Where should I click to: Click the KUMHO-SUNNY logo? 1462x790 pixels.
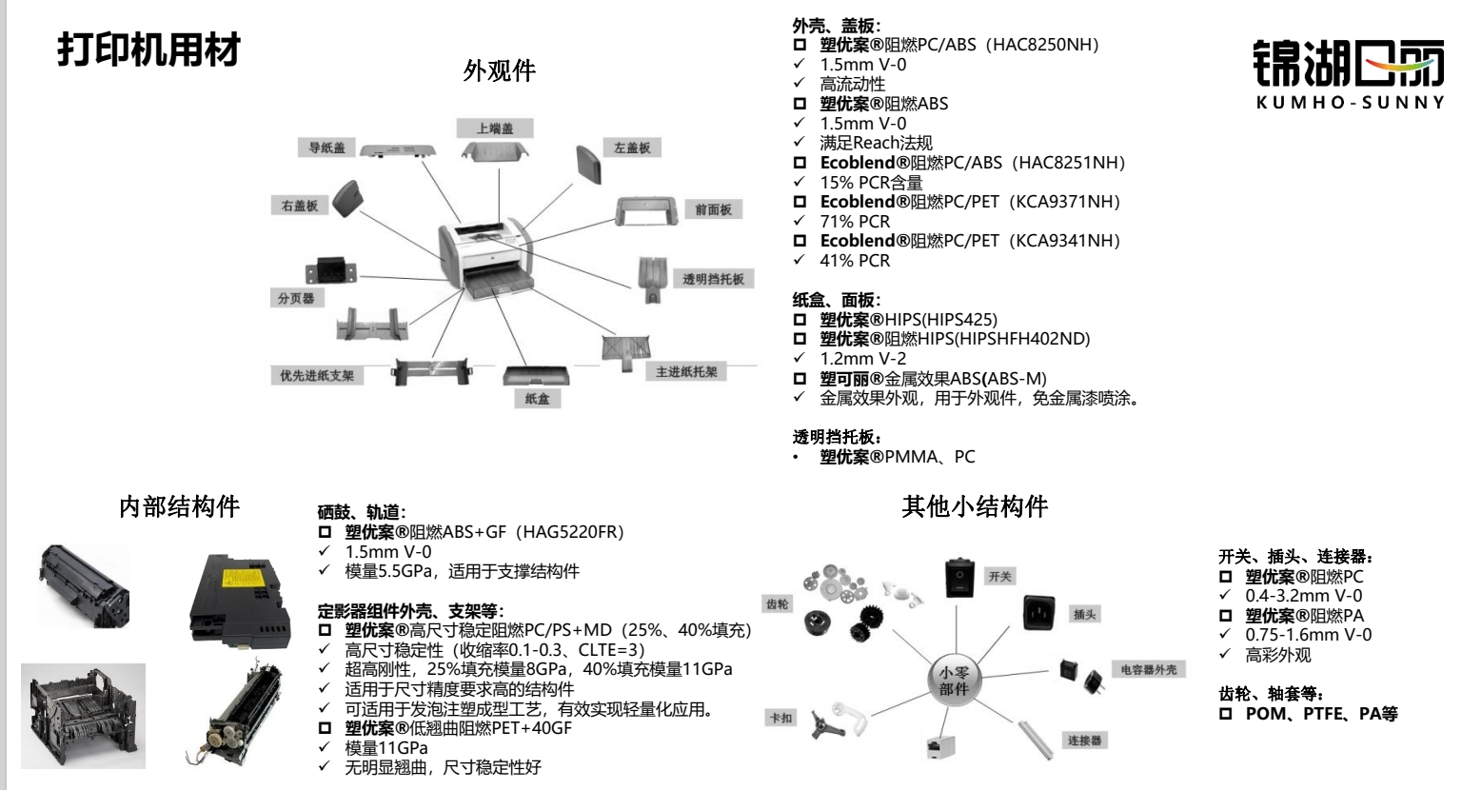click(x=1349, y=74)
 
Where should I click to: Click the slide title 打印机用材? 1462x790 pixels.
click(x=148, y=49)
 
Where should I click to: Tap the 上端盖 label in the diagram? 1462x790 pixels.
click(x=494, y=128)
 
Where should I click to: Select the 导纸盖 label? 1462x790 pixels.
click(x=326, y=148)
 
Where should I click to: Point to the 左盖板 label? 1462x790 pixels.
click(x=632, y=148)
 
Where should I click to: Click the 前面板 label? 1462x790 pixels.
click(x=713, y=209)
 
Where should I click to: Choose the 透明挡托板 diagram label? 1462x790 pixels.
click(x=713, y=279)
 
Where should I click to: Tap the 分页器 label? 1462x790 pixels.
click(x=295, y=298)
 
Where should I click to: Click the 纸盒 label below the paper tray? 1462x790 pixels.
click(x=537, y=399)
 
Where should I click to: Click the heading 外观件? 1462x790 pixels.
click(x=500, y=70)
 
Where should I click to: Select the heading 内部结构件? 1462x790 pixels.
click(x=179, y=506)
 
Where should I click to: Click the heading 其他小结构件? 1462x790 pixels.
click(x=975, y=506)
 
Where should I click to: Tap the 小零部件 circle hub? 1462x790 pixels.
click(x=954, y=681)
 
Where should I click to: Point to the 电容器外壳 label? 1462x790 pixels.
click(x=1149, y=670)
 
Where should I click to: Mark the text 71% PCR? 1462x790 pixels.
click(x=855, y=222)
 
